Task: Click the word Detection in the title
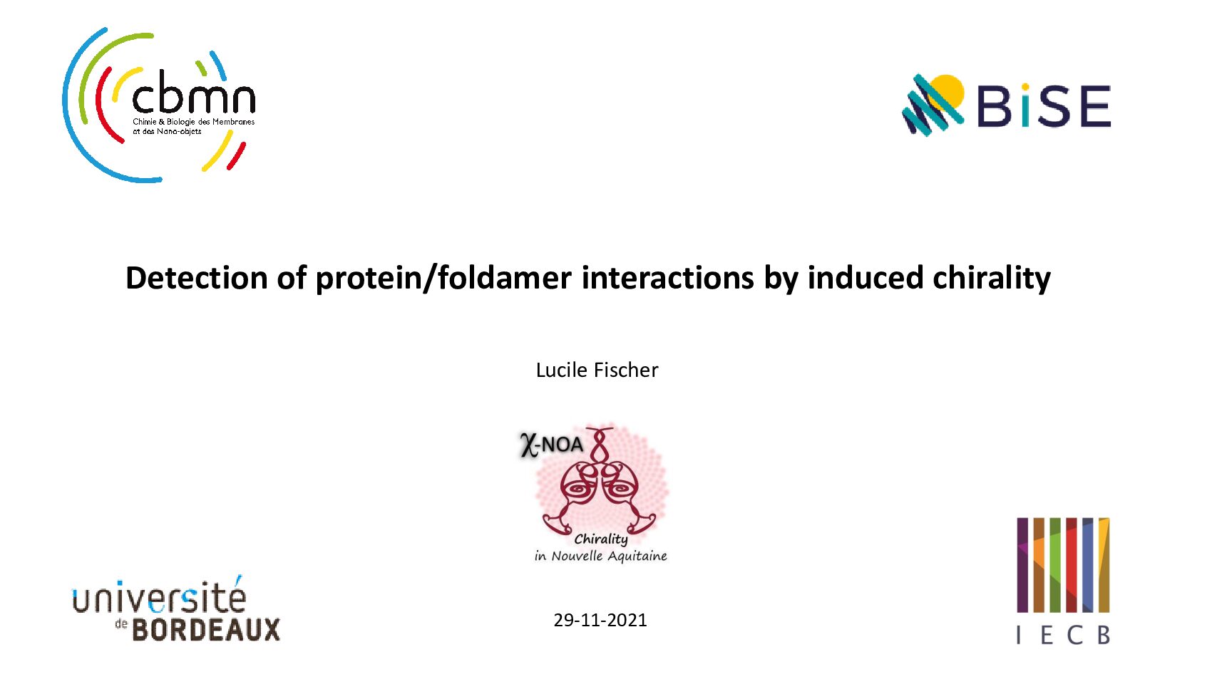(196, 277)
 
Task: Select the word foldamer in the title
(504, 277)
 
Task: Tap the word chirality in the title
(992, 279)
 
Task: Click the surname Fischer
(626, 370)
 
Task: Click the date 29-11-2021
(600, 620)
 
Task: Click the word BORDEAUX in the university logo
(207, 630)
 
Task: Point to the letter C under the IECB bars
(1074, 635)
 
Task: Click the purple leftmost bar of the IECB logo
(1022, 564)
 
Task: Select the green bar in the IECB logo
(1055, 564)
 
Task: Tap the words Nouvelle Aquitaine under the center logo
(609, 556)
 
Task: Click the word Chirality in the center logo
(601, 539)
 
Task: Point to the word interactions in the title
(668, 277)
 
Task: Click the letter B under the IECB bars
(1104, 635)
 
